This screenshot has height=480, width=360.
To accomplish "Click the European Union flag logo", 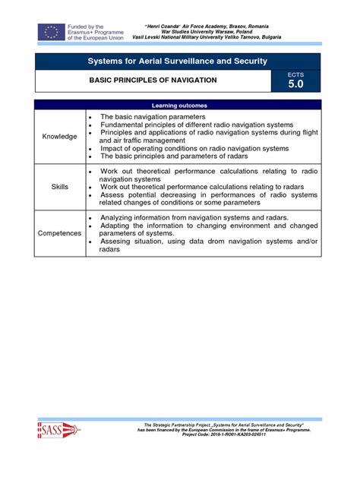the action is [51, 32].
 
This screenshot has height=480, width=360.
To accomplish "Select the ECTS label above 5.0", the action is [295, 75].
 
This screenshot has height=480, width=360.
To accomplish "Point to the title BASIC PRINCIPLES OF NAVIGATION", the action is [153, 80].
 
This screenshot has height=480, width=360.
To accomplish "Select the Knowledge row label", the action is [59, 136].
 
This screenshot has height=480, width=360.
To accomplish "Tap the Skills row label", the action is [59, 185].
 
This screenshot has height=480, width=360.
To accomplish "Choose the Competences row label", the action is [59, 232].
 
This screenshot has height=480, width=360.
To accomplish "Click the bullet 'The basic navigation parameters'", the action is [153, 117].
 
